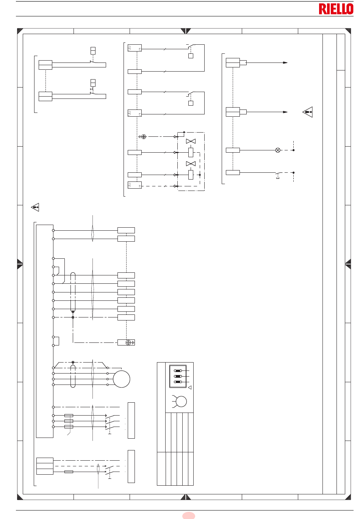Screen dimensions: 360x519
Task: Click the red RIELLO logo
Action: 336,9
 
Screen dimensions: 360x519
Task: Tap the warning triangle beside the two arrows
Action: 308,112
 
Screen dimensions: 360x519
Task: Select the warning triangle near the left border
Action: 35,207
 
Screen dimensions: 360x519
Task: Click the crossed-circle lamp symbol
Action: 278,150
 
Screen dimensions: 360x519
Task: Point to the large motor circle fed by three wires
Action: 122,379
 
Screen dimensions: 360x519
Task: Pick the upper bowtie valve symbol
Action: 191,141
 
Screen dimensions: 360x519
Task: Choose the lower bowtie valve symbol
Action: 191,164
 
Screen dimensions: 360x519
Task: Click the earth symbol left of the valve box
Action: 143,137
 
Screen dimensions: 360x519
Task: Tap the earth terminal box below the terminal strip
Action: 126,342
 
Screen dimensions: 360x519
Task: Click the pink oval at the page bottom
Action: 189,516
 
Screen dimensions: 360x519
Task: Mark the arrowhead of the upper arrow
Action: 285,63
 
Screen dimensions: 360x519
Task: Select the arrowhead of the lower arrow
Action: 285,112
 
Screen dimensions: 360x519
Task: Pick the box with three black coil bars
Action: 178,376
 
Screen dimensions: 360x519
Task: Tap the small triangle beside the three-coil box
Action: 189,388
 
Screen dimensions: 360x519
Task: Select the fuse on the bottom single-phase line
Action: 69,472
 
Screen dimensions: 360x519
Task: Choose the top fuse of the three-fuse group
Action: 69,416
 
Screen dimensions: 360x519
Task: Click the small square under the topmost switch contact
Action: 191,56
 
